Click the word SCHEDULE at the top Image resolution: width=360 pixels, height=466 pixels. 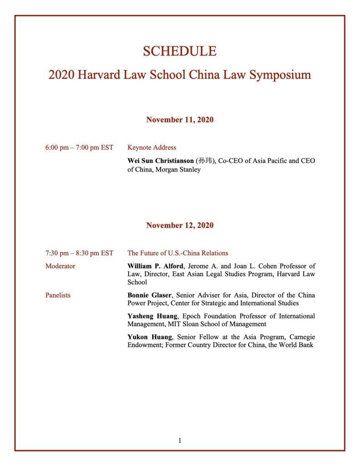click(x=180, y=51)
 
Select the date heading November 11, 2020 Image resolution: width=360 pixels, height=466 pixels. click(x=180, y=120)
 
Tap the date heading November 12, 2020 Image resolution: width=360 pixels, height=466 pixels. click(x=180, y=226)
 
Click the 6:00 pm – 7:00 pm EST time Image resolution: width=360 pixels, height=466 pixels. click(x=79, y=147)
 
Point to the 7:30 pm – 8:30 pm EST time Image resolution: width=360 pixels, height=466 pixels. click(x=79, y=253)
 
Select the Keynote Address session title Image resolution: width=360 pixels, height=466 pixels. click(x=152, y=147)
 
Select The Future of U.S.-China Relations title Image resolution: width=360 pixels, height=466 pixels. click(x=177, y=253)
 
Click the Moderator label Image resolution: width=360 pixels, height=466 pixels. click(x=60, y=266)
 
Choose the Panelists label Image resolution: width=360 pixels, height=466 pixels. click(x=58, y=295)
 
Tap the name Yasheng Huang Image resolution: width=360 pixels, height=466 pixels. click(x=151, y=316)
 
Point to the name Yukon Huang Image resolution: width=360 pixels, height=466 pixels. click(x=148, y=337)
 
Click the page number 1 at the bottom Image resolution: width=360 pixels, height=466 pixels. click(x=180, y=441)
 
